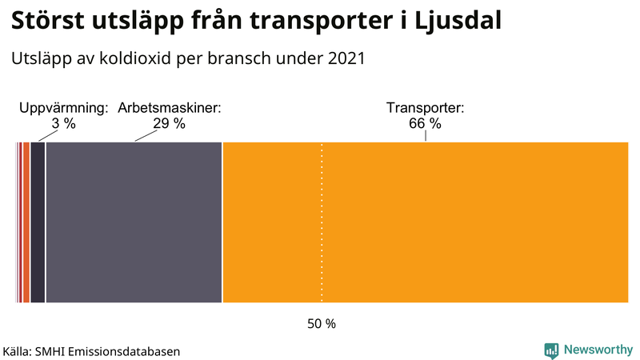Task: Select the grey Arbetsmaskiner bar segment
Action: point(134,222)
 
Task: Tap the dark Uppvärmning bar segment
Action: point(37,222)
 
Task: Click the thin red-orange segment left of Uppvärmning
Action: point(26,222)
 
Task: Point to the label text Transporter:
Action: point(425,108)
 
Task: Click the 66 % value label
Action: point(425,123)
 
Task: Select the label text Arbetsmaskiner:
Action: point(169,108)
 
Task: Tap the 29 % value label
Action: point(169,123)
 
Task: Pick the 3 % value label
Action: point(64,123)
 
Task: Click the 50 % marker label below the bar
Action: point(322,324)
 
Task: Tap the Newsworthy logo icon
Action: point(551,350)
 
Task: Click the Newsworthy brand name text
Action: point(598,350)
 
